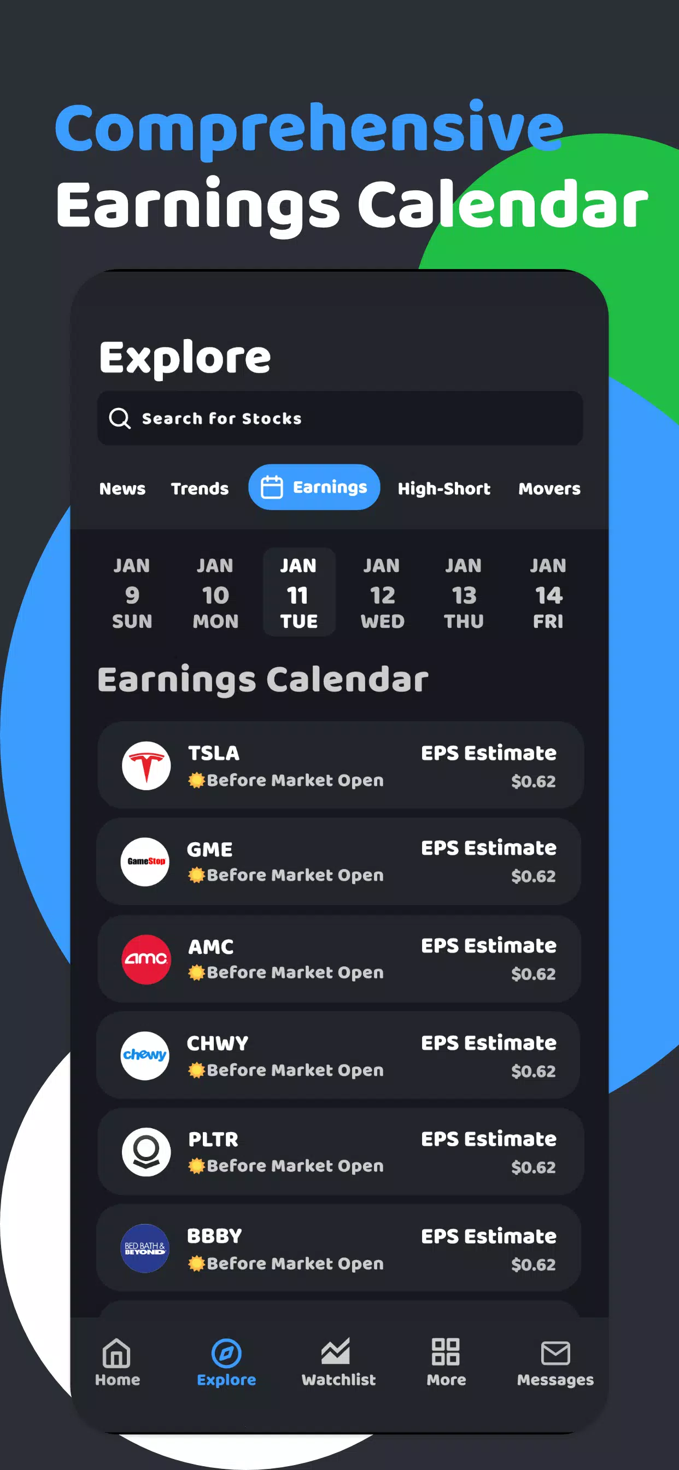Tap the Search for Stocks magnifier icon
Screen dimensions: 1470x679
tap(120, 418)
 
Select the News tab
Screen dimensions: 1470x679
tap(122, 488)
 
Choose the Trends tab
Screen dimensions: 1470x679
tap(200, 488)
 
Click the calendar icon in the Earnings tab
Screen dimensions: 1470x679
tap(272, 487)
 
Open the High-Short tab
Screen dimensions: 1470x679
tap(444, 488)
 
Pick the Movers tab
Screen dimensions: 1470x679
tap(549, 488)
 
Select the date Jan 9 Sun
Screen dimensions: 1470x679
tap(132, 593)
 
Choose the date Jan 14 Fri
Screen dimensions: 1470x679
tap(548, 593)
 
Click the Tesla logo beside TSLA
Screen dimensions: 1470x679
tap(146, 766)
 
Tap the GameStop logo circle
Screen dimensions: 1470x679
tap(145, 862)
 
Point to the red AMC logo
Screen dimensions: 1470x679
tap(146, 959)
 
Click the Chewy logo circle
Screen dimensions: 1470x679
tap(145, 1055)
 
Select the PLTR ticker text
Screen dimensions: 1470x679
tap(213, 1139)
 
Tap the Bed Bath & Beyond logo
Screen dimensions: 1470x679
tap(145, 1249)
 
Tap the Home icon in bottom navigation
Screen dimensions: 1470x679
tap(117, 1353)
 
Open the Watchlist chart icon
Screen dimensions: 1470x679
tap(336, 1352)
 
